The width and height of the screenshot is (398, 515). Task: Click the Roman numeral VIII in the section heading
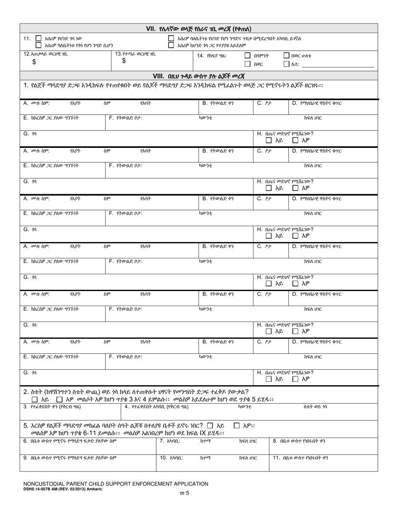pyautogui.click(x=158, y=76)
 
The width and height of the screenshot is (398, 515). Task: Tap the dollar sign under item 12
pyautogui.click(x=34, y=62)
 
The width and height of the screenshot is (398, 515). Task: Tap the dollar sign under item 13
pyautogui.click(x=124, y=61)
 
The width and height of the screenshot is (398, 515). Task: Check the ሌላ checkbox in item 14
pyautogui.click(x=287, y=64)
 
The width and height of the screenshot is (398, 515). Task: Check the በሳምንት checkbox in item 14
pyautogui.click(x=247, y=55)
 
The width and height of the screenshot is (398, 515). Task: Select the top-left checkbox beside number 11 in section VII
pyautogui.click(x=39, y=38)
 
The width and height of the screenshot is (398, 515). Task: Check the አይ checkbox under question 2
pyautogui.click(x=35, y=400)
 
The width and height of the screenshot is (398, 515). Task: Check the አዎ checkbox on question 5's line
pyautogui.click(x=237, y=425)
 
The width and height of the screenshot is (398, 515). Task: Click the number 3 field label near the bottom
pyautogui.click(x=25, y=407)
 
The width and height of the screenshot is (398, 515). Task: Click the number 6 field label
pyautogui.click(x=25, y=441)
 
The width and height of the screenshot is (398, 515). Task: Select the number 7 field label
pyautogui.click(x=162, y=441)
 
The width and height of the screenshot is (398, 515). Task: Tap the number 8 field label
pyautogui.click(x=275, y=441)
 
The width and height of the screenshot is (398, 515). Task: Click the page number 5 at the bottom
pyautogui.click(x=188, y=493)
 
